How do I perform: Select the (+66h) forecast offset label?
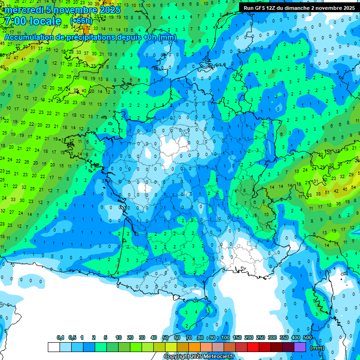[x=81, y=22]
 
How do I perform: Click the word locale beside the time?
[x=45, y=22]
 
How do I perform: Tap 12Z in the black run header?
[x=271, y=8]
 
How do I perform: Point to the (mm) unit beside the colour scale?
[x=317, y=348]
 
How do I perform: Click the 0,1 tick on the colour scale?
[x=60, y=338]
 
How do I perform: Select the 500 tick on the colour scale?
[x=307, y=338]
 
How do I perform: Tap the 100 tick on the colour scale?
[x=225, y=338]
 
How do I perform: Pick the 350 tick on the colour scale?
[x=284, y=338]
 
